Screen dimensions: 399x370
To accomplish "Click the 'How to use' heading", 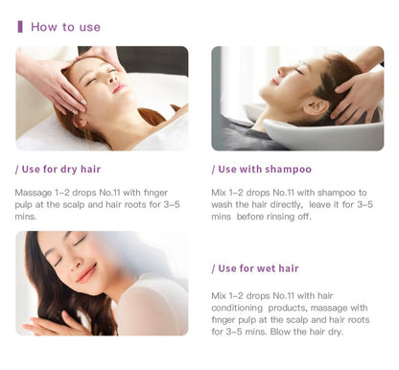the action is (x=65, y=27).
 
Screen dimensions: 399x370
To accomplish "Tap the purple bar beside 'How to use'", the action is (x=20, y=27).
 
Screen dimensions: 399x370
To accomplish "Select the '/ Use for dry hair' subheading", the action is (x=58, y=169).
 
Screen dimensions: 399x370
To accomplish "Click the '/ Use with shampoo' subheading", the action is (x=262, y=169).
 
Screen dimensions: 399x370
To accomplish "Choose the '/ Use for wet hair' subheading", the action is (x=255, y=268).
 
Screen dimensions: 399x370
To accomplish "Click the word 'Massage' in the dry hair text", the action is (x=34, y=193).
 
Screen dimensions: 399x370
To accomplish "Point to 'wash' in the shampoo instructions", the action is (x=222, y=204).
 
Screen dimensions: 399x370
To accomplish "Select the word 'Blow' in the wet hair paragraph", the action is (x=280, y=332).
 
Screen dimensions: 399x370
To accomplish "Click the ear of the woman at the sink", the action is (x=315, y=106).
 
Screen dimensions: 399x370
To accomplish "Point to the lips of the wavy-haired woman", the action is (x=86, y=273).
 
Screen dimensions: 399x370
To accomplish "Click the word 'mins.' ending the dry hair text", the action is (x=26, y=217).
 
